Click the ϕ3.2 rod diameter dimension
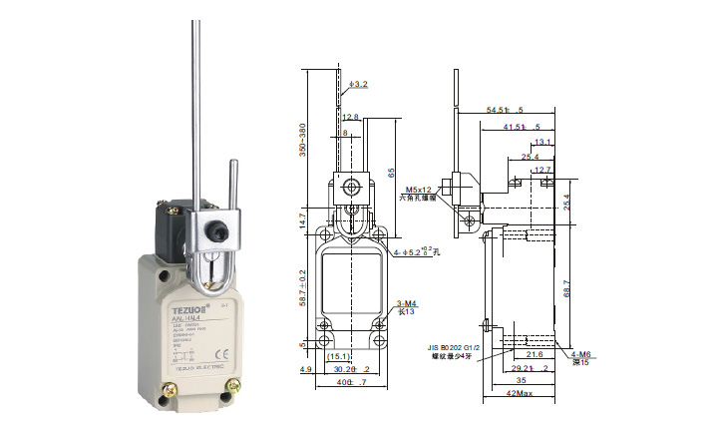(356, 85)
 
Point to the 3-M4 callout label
(406, 302)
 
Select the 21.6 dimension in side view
(536, 354)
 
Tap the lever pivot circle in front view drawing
(350, 187)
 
